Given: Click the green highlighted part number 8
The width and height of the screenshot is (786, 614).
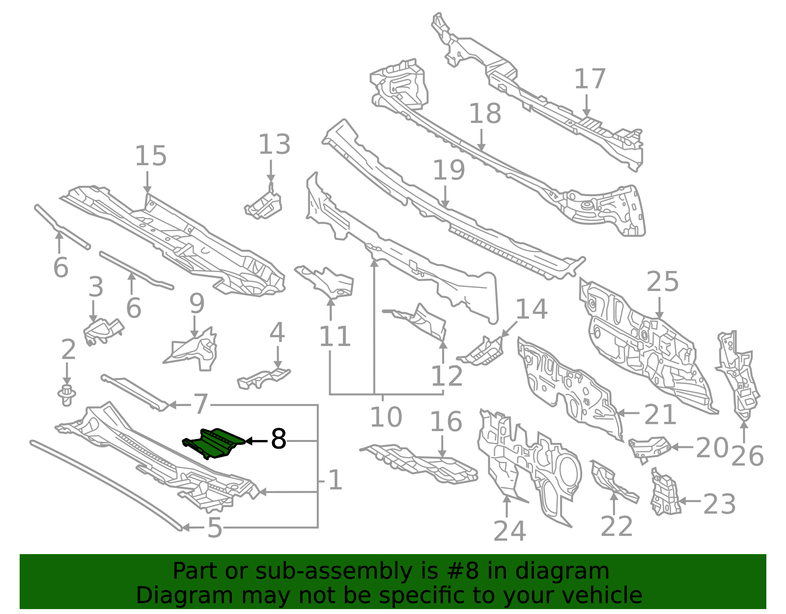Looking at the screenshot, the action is point(215,443).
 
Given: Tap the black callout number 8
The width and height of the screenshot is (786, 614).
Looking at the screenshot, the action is point(279,439).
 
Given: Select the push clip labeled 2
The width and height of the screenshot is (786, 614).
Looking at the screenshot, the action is point(66,395).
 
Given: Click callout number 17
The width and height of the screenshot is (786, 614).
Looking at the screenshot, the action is point(590,79).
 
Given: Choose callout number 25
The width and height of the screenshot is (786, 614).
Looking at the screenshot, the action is point(662,281).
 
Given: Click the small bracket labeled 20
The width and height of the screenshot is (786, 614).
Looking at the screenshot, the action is point(649,449).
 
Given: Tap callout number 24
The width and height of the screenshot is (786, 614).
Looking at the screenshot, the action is point(509,531).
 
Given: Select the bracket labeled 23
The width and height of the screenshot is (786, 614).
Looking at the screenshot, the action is point(665,493).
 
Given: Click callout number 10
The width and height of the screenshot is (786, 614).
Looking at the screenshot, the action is point(386,417).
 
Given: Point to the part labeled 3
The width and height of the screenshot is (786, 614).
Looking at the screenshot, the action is point(103,331).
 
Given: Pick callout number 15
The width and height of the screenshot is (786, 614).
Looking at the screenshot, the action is point(150,155).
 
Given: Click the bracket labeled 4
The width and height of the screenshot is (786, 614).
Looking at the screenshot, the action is point(264,379).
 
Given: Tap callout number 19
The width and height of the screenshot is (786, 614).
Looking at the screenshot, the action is point(449,170).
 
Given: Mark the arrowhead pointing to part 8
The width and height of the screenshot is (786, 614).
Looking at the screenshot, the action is point(250,441).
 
